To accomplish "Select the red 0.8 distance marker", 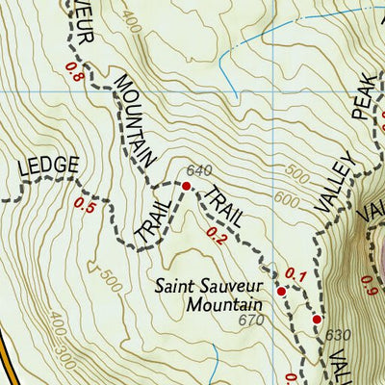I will click(73, 70).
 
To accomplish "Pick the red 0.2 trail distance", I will click(216, 232).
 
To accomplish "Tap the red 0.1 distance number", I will click(295, 278).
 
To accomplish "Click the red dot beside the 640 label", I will click(186, 185).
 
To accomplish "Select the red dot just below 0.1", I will click(281, 291).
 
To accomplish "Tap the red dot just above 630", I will click(316, 320).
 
